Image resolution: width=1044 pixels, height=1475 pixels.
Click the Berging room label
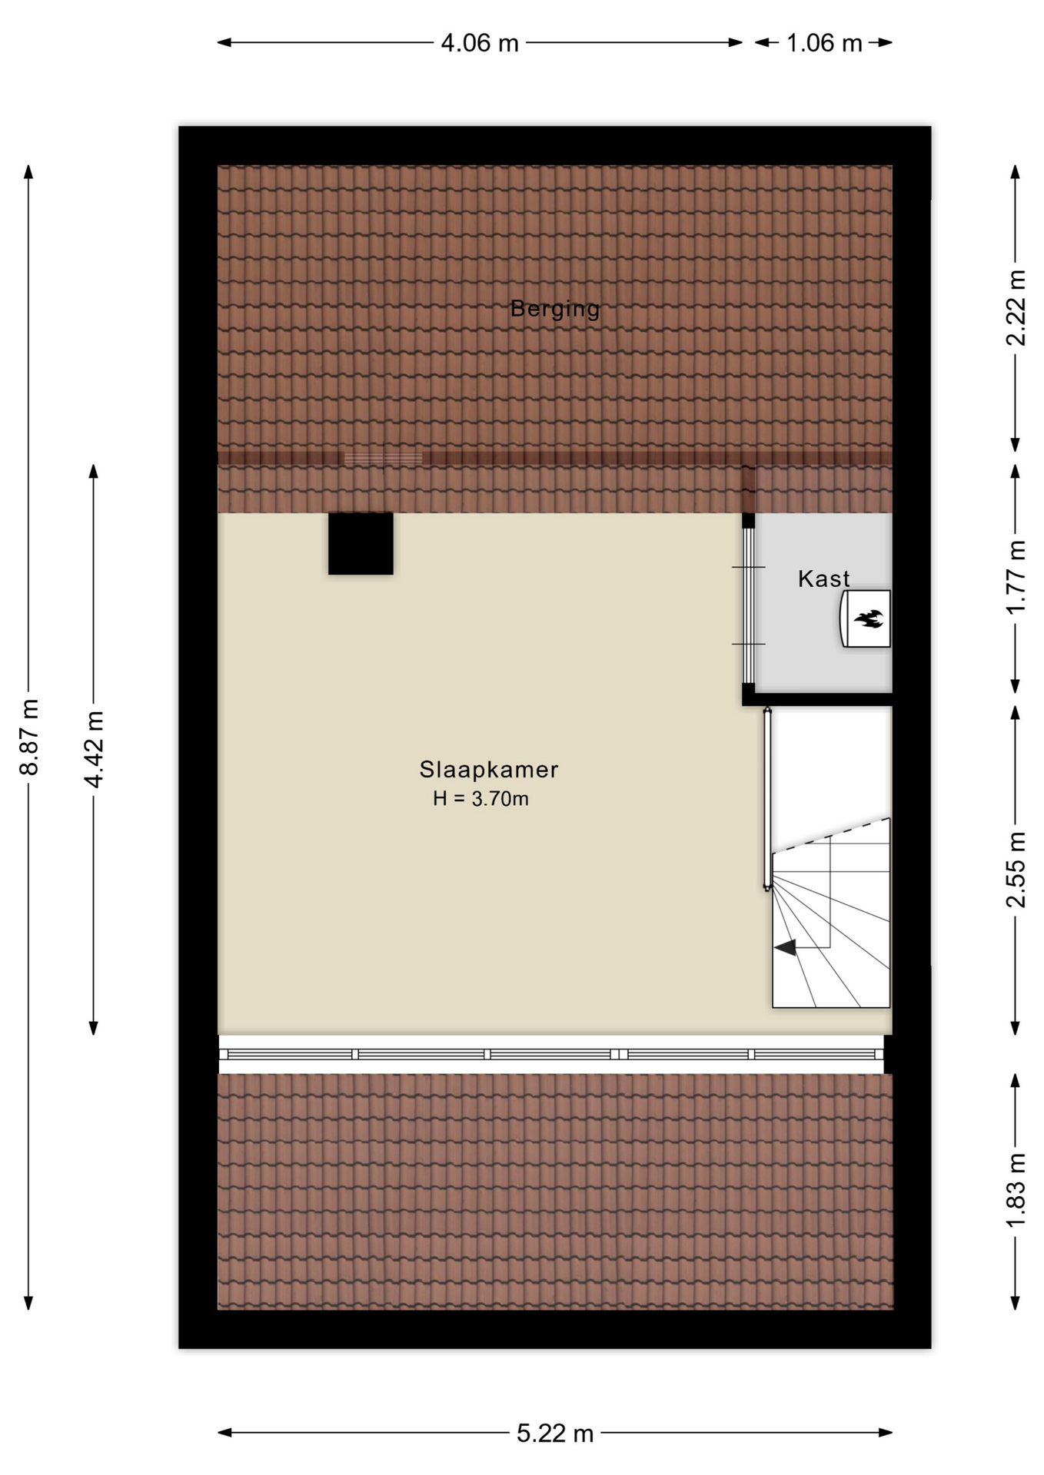coord(554,309)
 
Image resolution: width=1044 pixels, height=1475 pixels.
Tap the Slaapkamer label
coord(489,769)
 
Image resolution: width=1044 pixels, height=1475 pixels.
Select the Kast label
coord(823,578)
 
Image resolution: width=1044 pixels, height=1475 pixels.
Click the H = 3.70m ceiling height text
coord(480,799)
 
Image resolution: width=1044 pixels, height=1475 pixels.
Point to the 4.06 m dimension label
coord(480,43)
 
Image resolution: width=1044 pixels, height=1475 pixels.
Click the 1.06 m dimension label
coord(824,43)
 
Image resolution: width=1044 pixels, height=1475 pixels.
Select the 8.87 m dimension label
coord(29,737)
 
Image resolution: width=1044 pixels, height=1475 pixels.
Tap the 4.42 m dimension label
coord(94,749)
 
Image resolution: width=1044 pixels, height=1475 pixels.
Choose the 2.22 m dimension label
coord(1016,307)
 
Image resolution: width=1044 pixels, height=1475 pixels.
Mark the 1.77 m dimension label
coord(1016,576)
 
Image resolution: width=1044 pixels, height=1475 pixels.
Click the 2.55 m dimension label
coord(1016,869)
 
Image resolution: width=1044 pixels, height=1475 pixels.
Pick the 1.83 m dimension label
coord(1016,1190)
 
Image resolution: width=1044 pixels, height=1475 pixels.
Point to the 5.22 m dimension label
coord(555,1434)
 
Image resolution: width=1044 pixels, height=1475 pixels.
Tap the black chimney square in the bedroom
coord(361,543)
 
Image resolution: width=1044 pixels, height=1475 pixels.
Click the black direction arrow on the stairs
coord(786,948)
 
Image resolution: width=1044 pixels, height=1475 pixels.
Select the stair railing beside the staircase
coord(767,799)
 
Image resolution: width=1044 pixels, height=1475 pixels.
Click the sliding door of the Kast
coord(748,605)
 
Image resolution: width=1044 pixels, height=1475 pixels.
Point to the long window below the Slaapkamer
coord(551,1054)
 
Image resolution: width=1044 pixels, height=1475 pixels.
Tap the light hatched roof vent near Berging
coord(383,459)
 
